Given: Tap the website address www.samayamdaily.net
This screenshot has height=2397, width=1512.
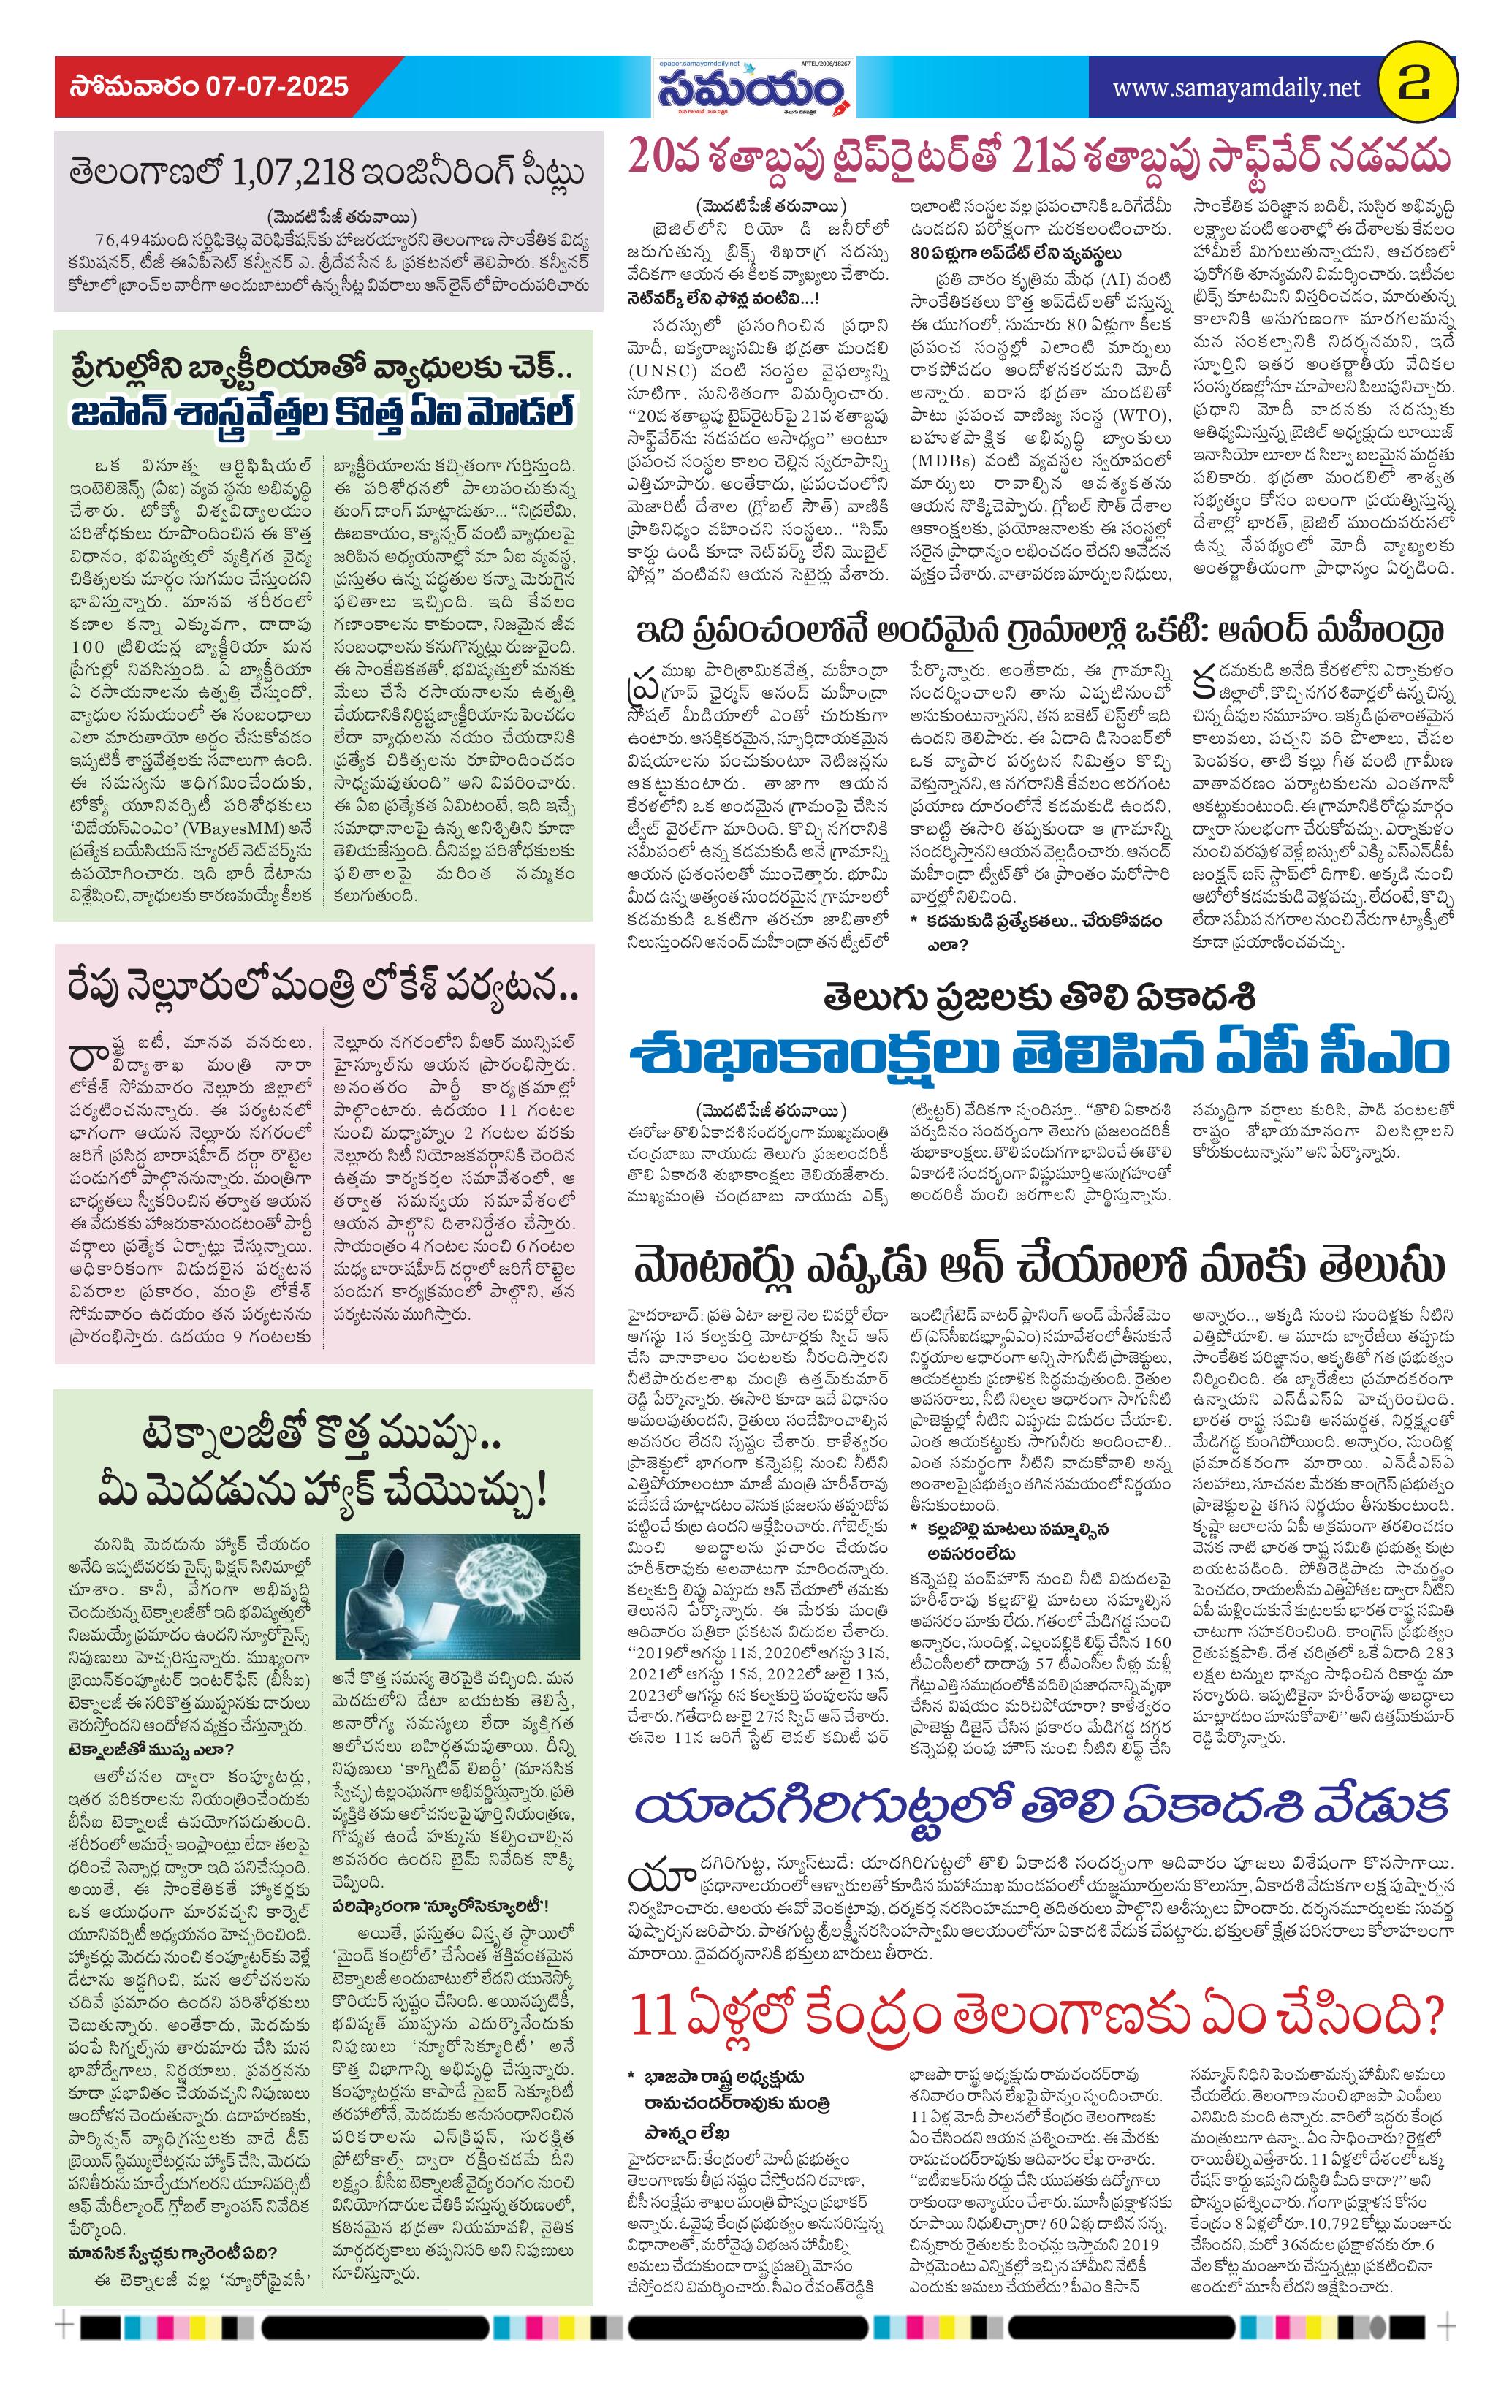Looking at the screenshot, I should click(x=1235, y=88).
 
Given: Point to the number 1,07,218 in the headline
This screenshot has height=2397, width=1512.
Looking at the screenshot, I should click(x=291, y=172).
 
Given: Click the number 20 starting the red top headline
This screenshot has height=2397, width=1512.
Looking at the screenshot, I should click(x=649, y=157).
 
